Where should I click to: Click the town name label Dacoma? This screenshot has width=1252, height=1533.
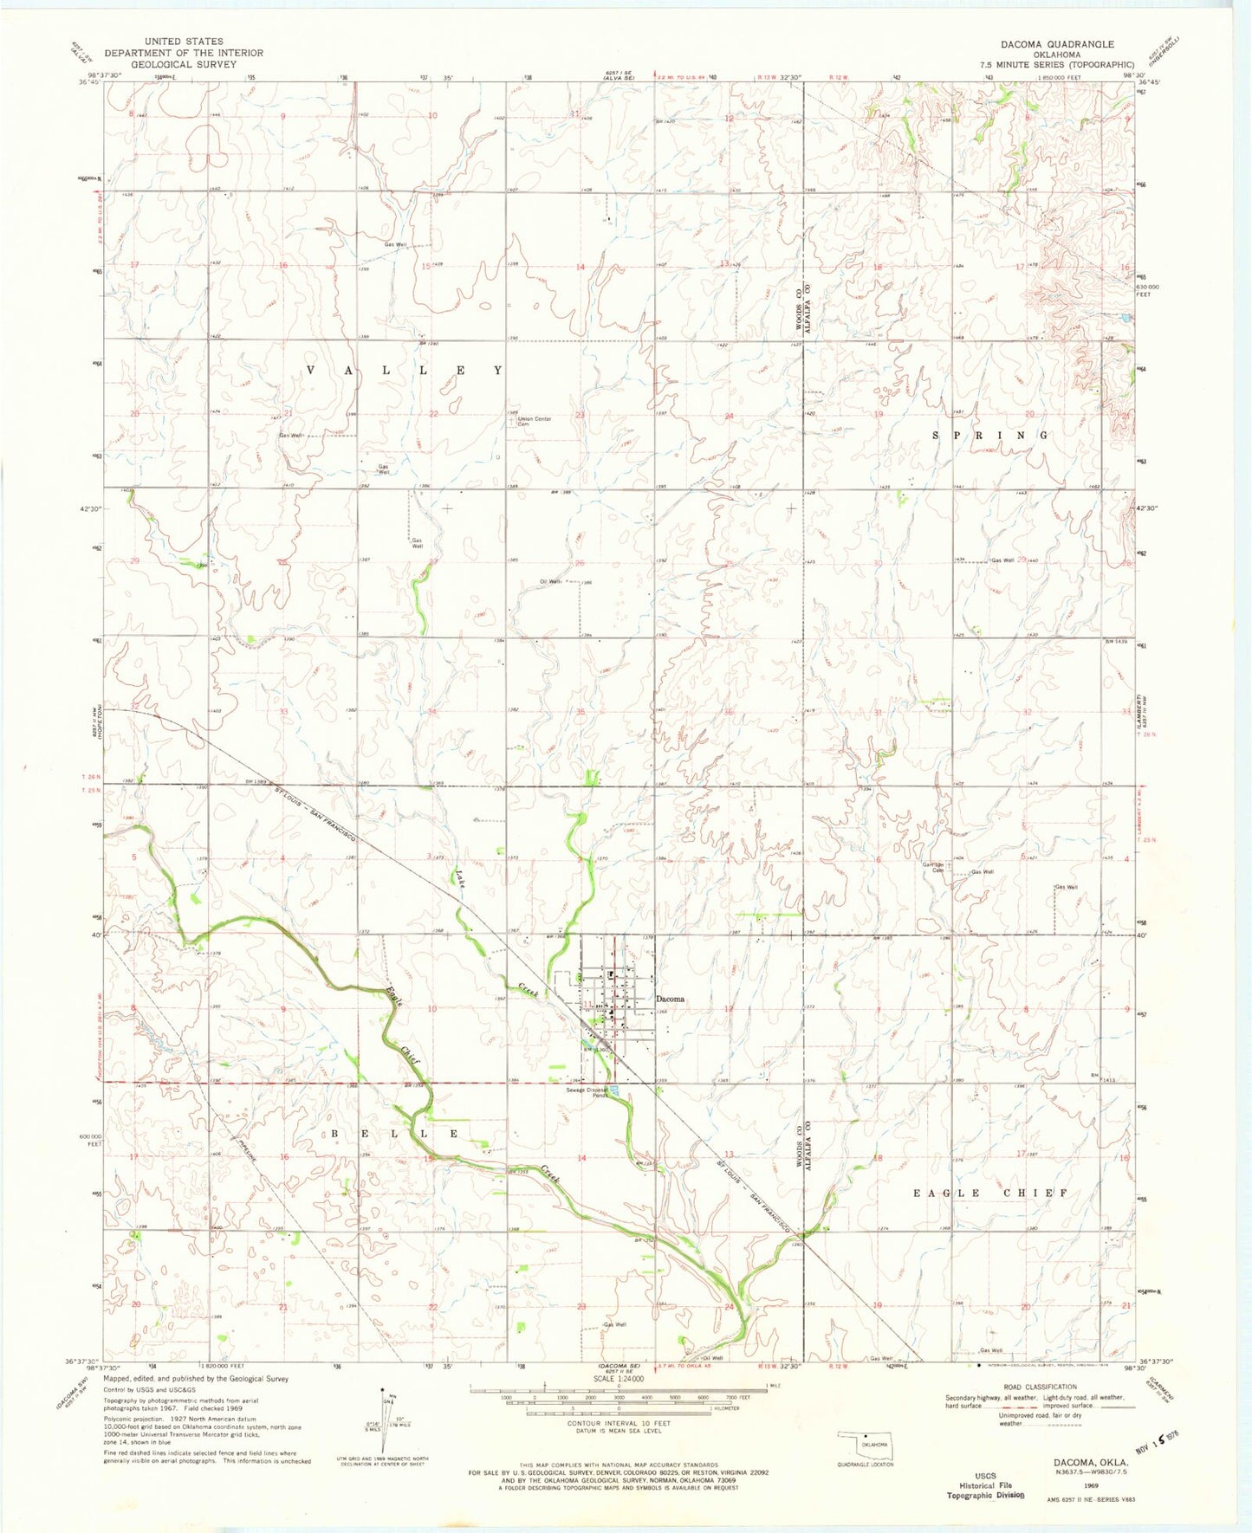pyautogui.click(x=670, y=999)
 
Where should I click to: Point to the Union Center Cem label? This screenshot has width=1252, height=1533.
pyautogui.click(x=534, y=421)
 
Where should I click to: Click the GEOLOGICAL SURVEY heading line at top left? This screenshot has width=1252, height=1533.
pyautogui.click(x=184, y=64)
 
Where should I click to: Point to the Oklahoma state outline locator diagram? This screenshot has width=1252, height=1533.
pyautogui.click(x=863, y=1445)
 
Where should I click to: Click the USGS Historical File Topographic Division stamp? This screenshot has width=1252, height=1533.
pyautogui.click(x=989, y=1485)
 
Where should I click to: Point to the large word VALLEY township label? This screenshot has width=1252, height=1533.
pyautogui.click(x=404, y=370)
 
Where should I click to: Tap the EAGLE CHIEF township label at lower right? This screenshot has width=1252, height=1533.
pyautogui.click(x=990, y=1193)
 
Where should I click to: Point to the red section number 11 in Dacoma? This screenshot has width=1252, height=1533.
pyautogui.click(x=587, y=1005)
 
